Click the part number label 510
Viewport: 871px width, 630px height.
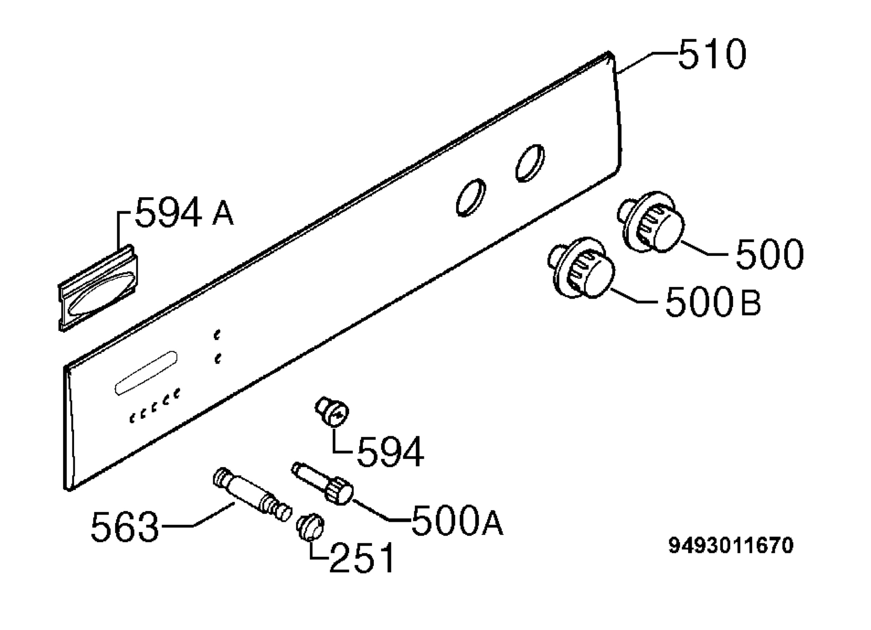click(x=712, y=54)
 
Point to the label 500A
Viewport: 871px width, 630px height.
click(x=457, y=520)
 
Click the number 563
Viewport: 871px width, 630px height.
click(x=125, y=526)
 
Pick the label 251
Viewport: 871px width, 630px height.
click(x=362, y=557)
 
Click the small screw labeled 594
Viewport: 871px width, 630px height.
click(x=332, y=412)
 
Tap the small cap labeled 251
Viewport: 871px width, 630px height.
click(x=310, y=527)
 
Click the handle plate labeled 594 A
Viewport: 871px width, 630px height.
click(x=98, y=288)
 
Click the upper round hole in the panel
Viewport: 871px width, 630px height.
click(x=530, y=163)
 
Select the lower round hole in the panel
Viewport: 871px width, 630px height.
click(x=471, y=197)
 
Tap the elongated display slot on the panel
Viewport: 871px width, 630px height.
click(x=146, y=373)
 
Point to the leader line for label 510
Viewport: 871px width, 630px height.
click(x=646, y=61)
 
